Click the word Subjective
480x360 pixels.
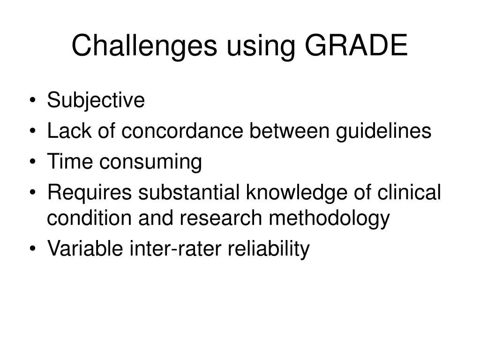pos(96,100)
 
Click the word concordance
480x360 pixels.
pos(183,131)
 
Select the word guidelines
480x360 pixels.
pos(383,131)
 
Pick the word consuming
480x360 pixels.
pos(150,163)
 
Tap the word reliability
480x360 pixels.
pos(269,249)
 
